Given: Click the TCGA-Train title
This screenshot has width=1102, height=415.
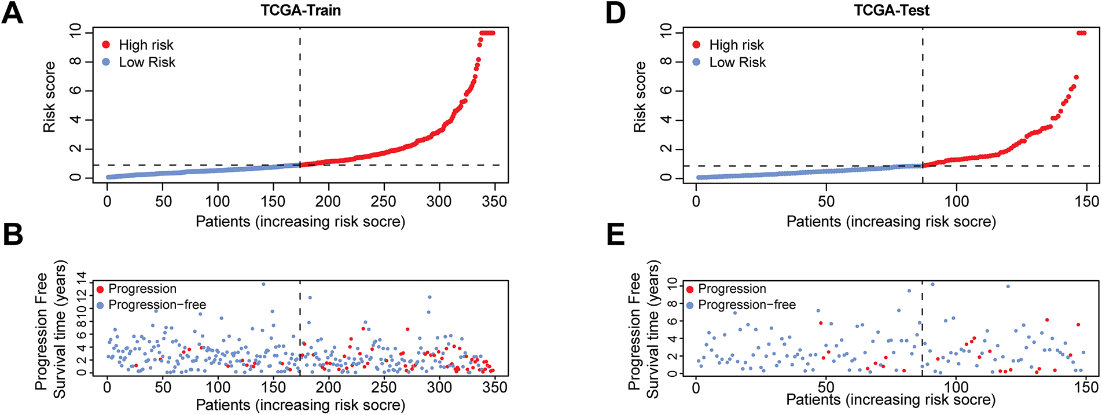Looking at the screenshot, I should (300, 10).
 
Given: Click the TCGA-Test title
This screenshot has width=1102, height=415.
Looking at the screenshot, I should (891, 10).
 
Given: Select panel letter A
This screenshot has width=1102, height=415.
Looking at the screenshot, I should (12, 13).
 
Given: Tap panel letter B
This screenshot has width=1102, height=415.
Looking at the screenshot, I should (12, 234).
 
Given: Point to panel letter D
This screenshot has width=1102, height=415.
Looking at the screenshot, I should (615, 13).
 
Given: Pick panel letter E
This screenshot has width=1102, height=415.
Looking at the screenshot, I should (615, 234).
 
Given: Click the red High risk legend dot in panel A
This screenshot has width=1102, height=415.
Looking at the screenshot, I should (106, 45).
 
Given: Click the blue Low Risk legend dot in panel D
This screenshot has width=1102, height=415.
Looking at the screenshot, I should (696, 62).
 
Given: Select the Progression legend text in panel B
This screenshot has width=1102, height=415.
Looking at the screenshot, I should (142, 289).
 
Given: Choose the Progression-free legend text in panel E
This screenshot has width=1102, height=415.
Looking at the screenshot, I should (747, 305).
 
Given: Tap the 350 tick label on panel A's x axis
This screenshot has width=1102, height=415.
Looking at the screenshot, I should (494, 201).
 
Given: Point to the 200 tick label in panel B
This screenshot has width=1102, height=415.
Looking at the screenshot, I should (328, 387).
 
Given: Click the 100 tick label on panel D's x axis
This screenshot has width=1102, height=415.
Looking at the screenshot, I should (956, 201).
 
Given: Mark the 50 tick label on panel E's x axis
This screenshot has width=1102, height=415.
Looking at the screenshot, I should (826, 387).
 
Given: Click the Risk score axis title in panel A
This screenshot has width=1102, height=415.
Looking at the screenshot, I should (49, 97).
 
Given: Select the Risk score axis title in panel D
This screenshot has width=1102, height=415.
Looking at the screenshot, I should (640, 97).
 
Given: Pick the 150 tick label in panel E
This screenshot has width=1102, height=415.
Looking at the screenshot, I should (1086, 387).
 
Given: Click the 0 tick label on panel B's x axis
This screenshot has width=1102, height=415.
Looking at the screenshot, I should (107, 387).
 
